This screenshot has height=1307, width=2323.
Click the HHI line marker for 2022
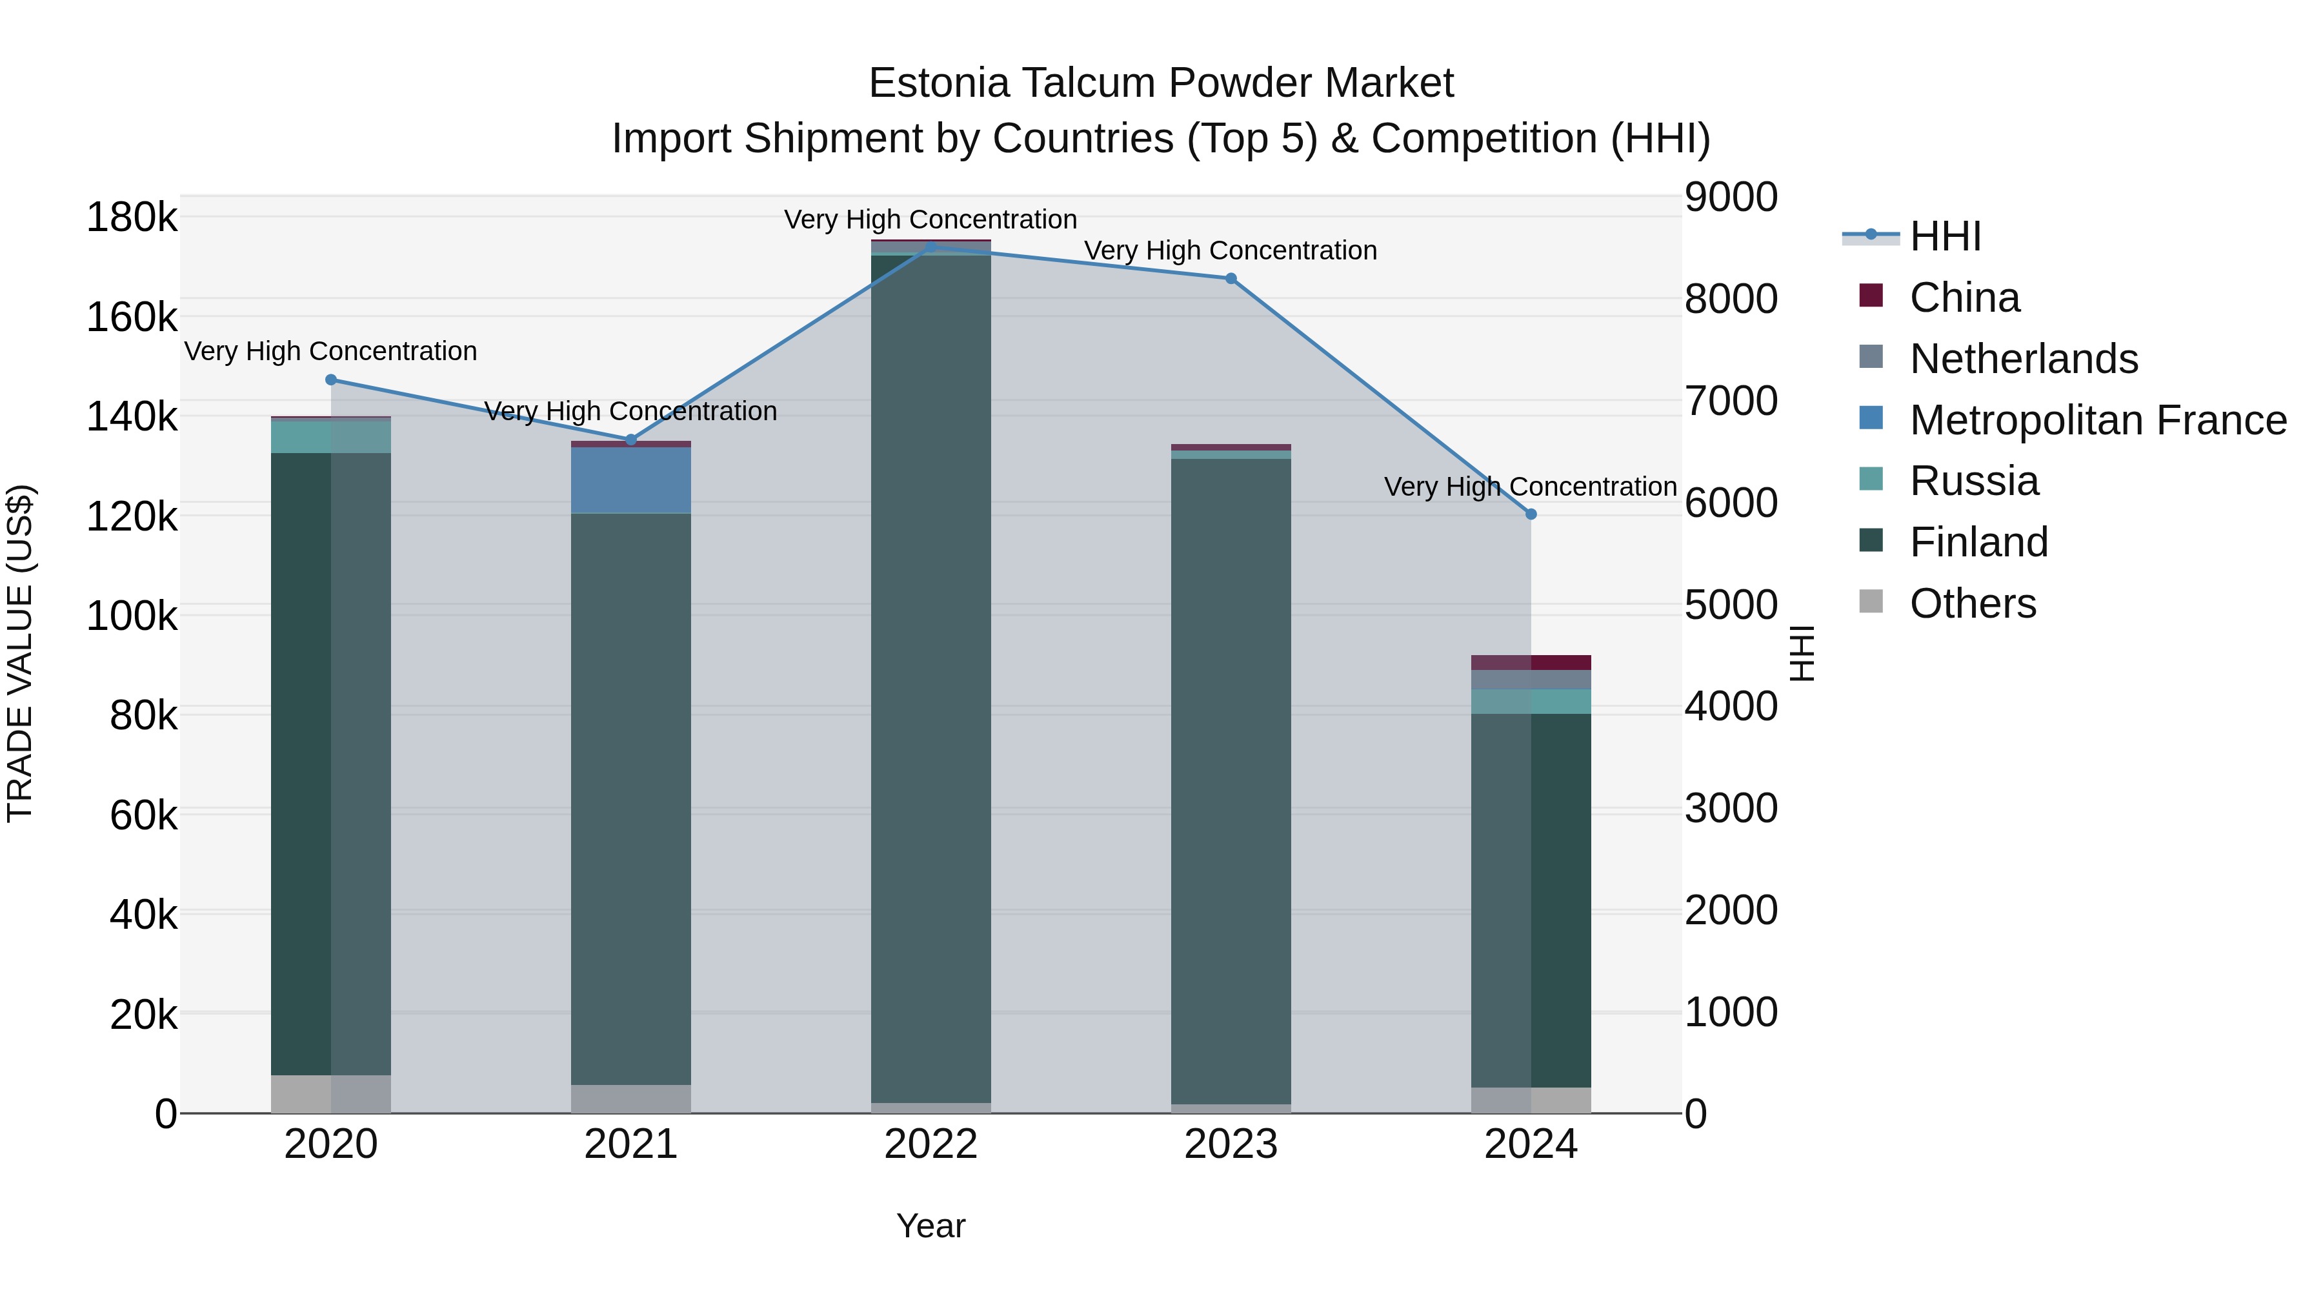930,247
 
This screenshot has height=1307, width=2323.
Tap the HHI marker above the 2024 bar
1531,514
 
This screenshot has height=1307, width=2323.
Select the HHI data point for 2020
331,380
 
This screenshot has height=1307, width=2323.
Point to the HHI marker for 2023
1231,279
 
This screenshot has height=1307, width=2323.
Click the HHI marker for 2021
631,440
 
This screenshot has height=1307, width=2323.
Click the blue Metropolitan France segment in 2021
631,480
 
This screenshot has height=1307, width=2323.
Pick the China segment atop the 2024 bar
1560,662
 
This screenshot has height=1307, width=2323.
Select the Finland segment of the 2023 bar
1231,780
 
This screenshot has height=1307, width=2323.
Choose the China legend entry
1964,298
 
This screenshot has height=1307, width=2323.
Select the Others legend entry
1972,603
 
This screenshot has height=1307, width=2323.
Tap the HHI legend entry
1945,236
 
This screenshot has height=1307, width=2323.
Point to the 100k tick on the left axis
132,617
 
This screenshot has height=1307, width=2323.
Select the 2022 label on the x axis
930,1144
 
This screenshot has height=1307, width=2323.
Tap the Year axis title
930,1226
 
